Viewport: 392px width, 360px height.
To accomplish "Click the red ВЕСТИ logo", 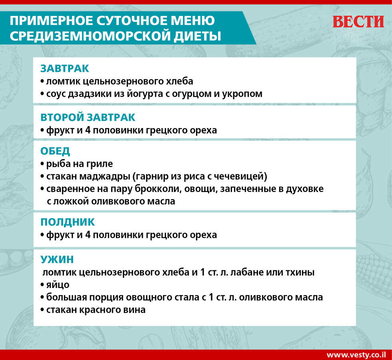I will tap(358, 22).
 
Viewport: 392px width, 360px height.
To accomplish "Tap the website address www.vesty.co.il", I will tap(356, 355).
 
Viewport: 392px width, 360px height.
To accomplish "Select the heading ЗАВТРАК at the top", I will tap(64, 68).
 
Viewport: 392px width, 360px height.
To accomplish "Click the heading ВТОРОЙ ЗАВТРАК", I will tap(88, 118).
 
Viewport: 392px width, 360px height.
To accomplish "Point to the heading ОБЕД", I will tap(55, 151).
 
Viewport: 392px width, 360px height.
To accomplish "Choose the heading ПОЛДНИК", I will tap(68, 222).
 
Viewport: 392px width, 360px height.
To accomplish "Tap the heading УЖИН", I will tap(57, 260).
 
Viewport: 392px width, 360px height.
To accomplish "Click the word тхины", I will tap(301, 272).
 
